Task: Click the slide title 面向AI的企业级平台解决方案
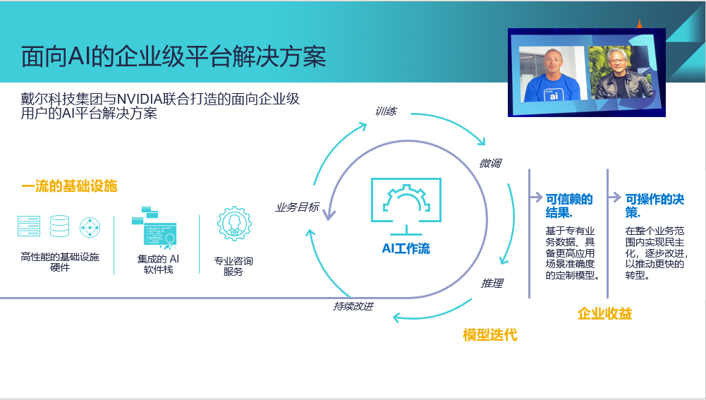(x=174, y=56)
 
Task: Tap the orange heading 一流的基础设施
(x=69, y=186)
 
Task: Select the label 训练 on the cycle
(x=386, y=111)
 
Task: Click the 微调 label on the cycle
(x=490, y=163)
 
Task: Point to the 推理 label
(x=492, y=284)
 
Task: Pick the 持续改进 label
(x=353, y=306)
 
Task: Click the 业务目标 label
(x=298, y=207)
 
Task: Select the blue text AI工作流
(x=406, y=248)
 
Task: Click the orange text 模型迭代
(x=490, y=334)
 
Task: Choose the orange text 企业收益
(x=604, y=313)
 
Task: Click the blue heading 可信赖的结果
(x=569, y=205)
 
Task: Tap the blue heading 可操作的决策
(x=655, y=205)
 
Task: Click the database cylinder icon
(x=59, y=226)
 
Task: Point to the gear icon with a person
(x=234, y=224)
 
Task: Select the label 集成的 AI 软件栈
(x=158, y=265)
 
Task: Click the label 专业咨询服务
(x=233, y=266)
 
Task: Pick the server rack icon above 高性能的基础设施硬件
(x=29, y=226)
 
